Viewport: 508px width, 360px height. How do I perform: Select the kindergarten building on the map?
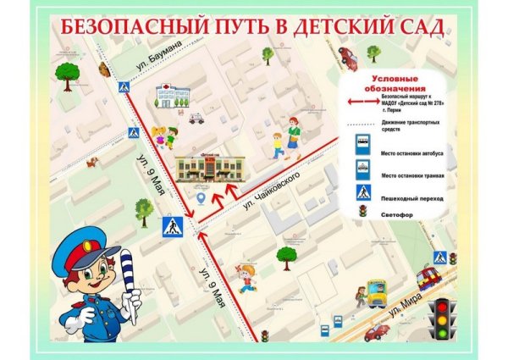[207, 167]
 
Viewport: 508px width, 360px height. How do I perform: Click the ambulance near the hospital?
[196, 119]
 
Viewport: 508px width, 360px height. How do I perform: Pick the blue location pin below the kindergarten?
[201, 197]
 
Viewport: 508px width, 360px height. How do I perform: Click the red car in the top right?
[346, 57]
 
